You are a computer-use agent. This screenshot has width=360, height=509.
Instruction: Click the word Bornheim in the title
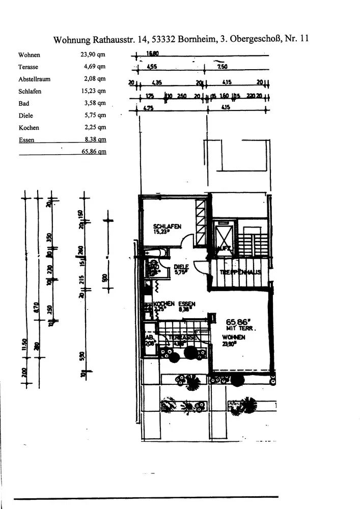(x=198, y=39)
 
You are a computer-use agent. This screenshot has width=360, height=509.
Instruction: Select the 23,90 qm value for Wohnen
(x=95, y=55)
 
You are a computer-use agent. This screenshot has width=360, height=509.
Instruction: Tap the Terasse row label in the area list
(x=29, y=67)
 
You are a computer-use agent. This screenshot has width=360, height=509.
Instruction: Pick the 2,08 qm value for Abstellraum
(x=95, y=79)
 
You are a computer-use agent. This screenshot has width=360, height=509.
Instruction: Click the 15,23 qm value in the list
(x=95, y=92)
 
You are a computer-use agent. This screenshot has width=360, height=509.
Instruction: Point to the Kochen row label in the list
(x=29, y=128)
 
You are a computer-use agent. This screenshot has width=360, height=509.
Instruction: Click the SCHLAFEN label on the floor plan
(x=168, y=227)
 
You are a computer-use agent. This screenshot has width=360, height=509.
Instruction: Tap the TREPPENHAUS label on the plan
(x=240, y=272)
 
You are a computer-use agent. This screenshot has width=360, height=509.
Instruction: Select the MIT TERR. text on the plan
(x=238, y=328)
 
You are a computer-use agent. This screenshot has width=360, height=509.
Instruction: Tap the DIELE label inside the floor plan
(x=181, y=266)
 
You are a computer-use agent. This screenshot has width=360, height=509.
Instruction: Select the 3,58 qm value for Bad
(x=95, y=103)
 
